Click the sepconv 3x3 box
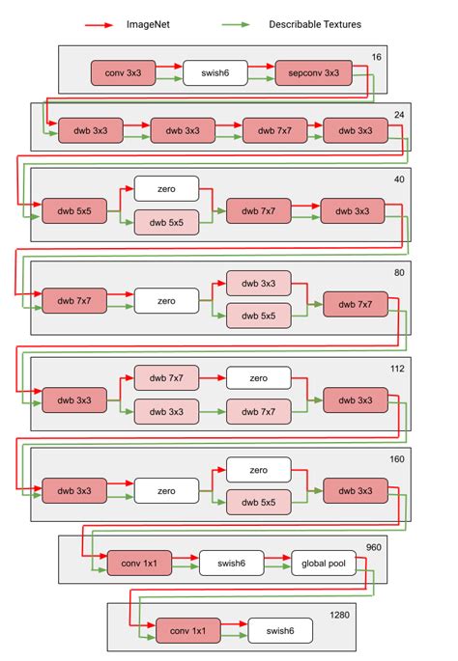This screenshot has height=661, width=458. [307, 71]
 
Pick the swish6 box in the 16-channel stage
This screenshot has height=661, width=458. [215, 71]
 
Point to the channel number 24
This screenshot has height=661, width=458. [398, 116]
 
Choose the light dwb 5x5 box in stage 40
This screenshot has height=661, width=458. [166, 222]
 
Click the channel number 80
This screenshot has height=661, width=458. [398, 273]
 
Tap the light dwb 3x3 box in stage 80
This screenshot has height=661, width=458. [258, 283]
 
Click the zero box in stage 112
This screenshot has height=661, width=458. [258, 377]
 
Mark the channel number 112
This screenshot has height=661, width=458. [396, 368]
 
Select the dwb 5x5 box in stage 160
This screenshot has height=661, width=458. [258, 503]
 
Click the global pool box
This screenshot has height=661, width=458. [323, 561]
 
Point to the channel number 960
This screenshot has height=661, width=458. [373, 548]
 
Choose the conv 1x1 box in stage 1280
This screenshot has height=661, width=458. [187, 631]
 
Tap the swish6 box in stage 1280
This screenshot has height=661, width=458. [280, 631]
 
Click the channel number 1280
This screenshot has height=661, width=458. [341, 615]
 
